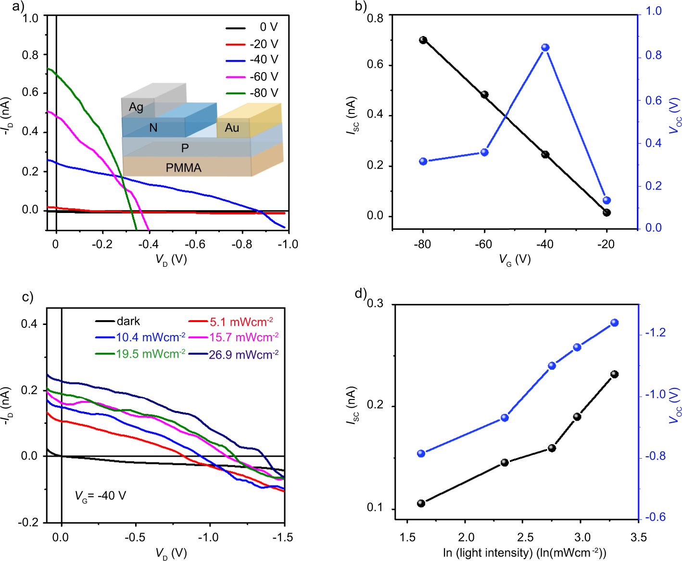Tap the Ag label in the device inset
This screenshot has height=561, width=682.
[x=136, y=107]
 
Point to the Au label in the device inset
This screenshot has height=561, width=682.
[x=232, y=128]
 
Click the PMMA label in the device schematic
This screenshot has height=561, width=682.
[x=183, y=168]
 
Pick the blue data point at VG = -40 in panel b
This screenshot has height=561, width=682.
[x=545, y=48]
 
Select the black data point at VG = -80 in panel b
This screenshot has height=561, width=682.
[x=423, y=40]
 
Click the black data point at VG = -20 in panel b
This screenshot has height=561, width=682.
[x=606, y=212]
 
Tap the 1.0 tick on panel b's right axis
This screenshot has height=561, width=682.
[x=653, y=11]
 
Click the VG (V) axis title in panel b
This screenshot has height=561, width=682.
[x=515, y=260]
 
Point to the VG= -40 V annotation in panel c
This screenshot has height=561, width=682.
[x=101, y=496]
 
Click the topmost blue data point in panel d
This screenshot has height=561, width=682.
[x=614, y=323]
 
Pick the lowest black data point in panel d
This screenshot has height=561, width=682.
[x=421, y=503]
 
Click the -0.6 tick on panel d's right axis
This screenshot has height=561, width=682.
[x=655, y=517]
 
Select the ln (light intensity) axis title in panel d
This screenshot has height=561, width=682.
[x=524, y=553]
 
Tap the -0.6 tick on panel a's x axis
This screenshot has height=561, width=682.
[x=195, y=244]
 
